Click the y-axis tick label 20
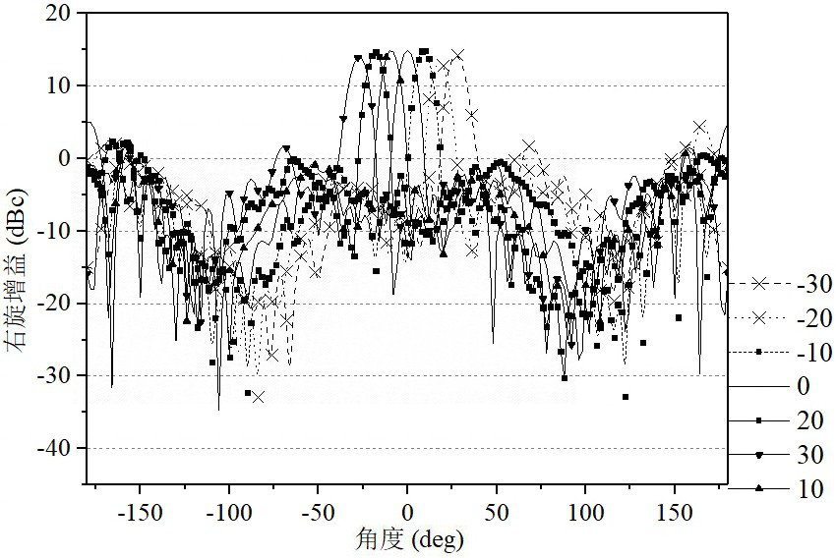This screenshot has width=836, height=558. coord(58,14)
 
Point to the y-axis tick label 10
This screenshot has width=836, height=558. coord(58,85)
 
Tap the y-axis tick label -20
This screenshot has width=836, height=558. coord(53,304)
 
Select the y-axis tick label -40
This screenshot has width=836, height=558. coord(53,449)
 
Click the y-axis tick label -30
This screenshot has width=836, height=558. coord(53,376)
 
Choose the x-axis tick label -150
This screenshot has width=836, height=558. coord(140,512)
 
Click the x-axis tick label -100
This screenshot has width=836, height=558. coord(229,512)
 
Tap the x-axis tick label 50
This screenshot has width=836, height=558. coord(497,512)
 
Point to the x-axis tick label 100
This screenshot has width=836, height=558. coord(585,512)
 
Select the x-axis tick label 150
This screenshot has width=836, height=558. coord(675,512)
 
